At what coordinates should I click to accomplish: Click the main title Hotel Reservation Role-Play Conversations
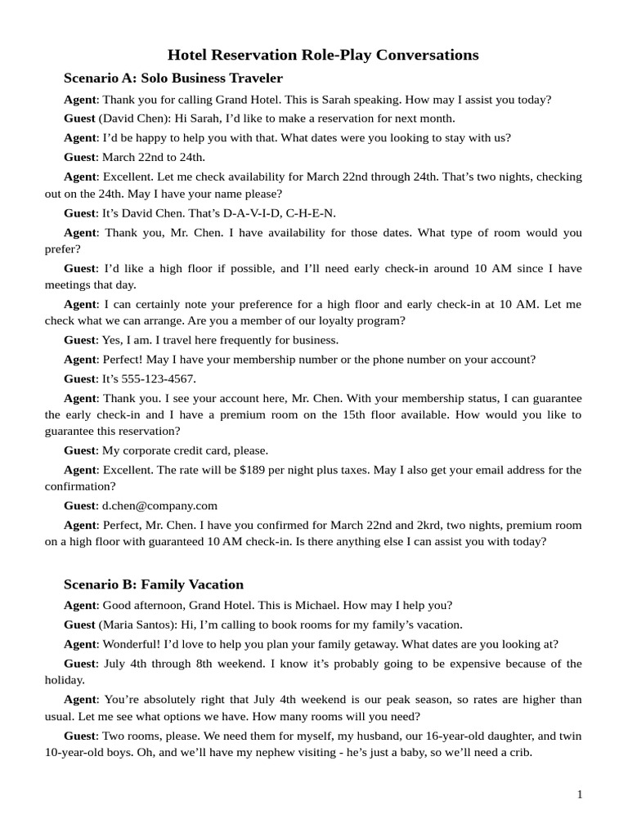coord(323,55)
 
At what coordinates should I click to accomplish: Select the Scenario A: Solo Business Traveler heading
coord(173,78)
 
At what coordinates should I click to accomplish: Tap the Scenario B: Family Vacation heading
coord(154,584)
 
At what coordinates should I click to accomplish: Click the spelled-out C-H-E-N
coord(312,213)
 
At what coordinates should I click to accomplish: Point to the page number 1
coord(580,794)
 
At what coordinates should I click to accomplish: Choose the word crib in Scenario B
coord(518,752)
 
